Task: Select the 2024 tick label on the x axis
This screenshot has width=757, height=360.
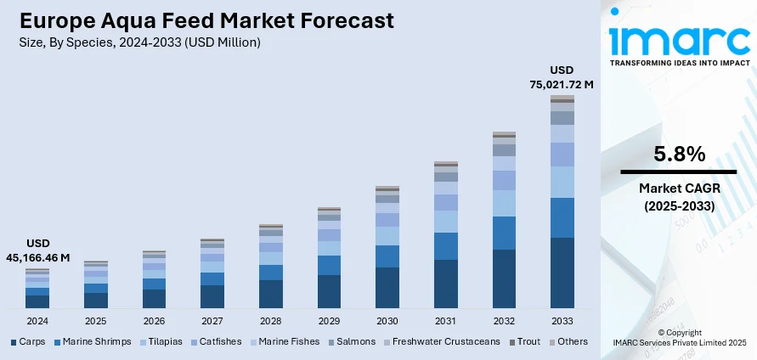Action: pyautogui.click(x=37, y=321)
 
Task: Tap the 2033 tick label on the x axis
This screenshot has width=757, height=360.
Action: pyautogui.click(x=562, y=321)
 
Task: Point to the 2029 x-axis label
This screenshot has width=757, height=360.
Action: pyautogui.click(x=329, y=321)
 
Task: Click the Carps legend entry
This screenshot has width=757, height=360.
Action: pyautogui.click(x=30, y=341)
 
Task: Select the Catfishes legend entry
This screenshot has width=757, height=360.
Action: pyautogui.click(x=219, y=341)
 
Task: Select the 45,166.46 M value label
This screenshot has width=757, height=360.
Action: pyautogui.click(x=38, y=256)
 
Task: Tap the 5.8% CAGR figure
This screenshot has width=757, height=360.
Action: pyautogui.click(x=679, y=155)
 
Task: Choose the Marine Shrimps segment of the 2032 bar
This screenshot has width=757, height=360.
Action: pyautogui.click(x=504, y=233)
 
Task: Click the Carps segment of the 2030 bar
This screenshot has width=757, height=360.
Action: pyautogui.click(x=387, y=287)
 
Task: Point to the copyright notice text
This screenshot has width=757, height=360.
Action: pyautogui.click(x=678, y=337)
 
